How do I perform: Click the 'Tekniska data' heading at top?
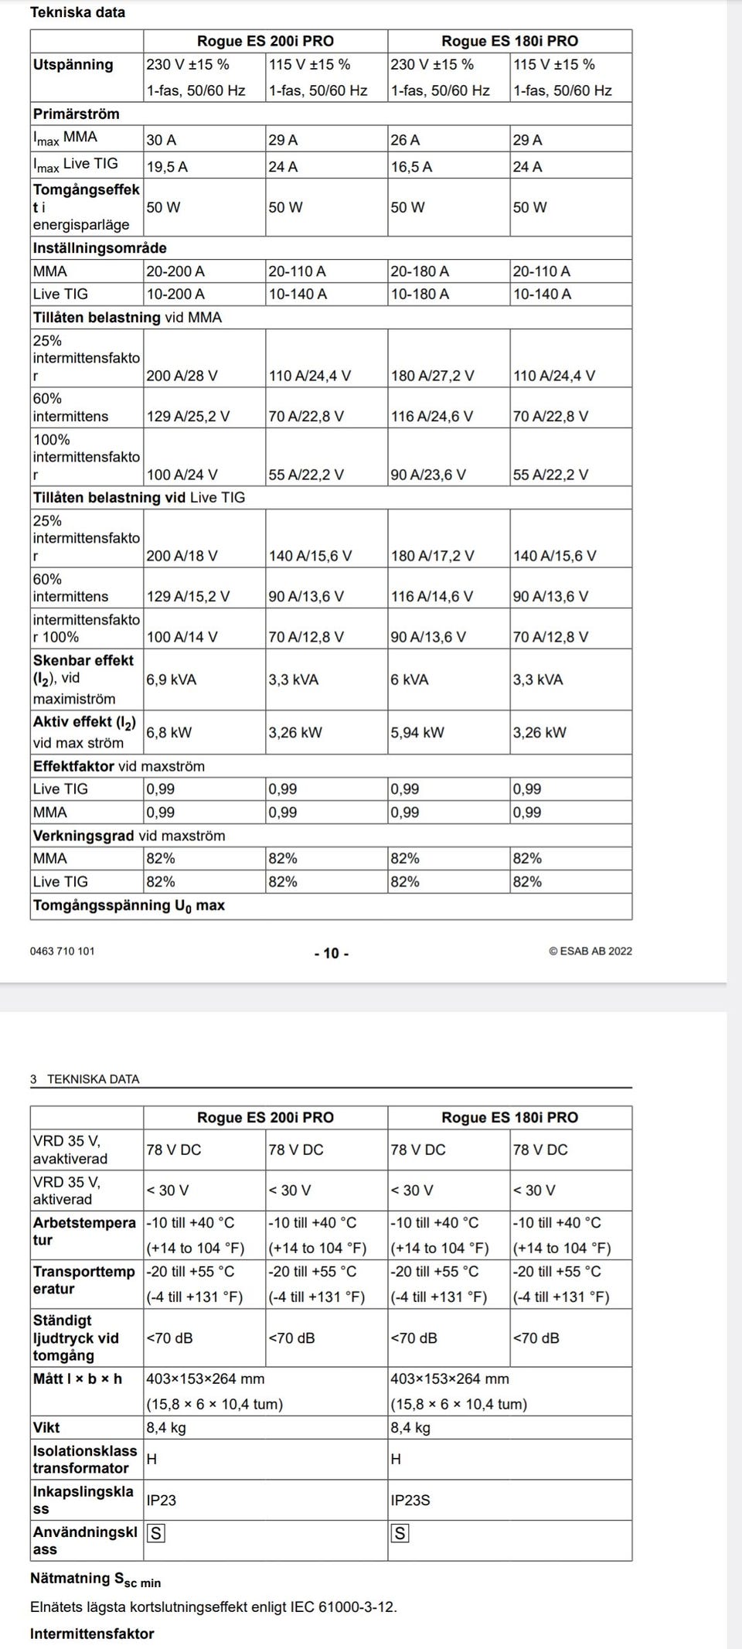77,12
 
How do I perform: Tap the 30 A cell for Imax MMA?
162,140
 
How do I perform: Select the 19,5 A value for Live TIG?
167,166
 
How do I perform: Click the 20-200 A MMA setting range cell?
175,271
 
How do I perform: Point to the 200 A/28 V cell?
182,376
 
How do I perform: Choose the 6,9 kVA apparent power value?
172,680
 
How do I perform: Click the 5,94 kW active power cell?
417,732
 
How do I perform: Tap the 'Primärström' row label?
76,114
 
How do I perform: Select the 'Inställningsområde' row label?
100,248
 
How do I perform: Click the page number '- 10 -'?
332,953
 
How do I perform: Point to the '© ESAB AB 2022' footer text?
591,951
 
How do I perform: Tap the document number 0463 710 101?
63,951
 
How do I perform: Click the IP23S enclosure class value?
410,1500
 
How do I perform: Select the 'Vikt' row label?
46,1427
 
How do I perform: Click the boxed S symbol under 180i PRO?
400,1533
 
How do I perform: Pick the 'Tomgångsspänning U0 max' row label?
128,905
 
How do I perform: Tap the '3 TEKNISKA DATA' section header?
85,1079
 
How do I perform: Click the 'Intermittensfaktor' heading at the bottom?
92,1634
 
